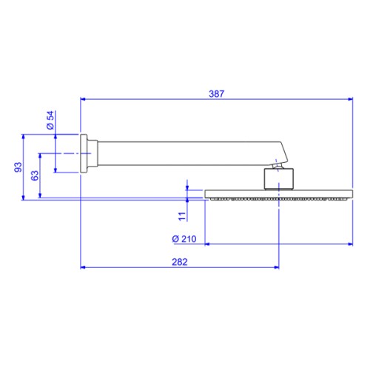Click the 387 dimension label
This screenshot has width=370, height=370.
tap(216, 94)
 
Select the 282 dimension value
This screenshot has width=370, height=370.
tap(180, 262)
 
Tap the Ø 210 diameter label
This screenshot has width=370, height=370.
tap(184, 239)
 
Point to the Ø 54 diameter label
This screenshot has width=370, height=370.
tap(50, 120)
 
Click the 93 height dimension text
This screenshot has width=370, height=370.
tap(18, 167)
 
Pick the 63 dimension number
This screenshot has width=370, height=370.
tap(35, 175)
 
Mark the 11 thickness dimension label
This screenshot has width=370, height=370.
tap(182, 216)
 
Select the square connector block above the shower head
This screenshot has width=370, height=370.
tap(279, 179)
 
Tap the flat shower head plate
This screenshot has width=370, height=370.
tap(279, 194)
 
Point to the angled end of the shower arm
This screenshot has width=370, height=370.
tap(283, 152)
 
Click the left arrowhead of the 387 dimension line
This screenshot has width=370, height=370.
tap(83, 99)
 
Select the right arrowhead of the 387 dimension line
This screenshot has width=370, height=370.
tap(351, 99)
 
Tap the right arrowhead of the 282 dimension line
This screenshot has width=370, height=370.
tap(277, 267)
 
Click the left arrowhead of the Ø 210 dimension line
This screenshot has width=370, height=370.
tap(207, 244)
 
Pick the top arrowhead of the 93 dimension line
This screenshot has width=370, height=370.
tap(24, 137)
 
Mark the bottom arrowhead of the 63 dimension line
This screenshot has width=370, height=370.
tap(40, 195)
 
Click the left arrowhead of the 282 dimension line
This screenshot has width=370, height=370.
tap(83, 267)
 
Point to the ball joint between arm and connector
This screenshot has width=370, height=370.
tap(278, 166)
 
